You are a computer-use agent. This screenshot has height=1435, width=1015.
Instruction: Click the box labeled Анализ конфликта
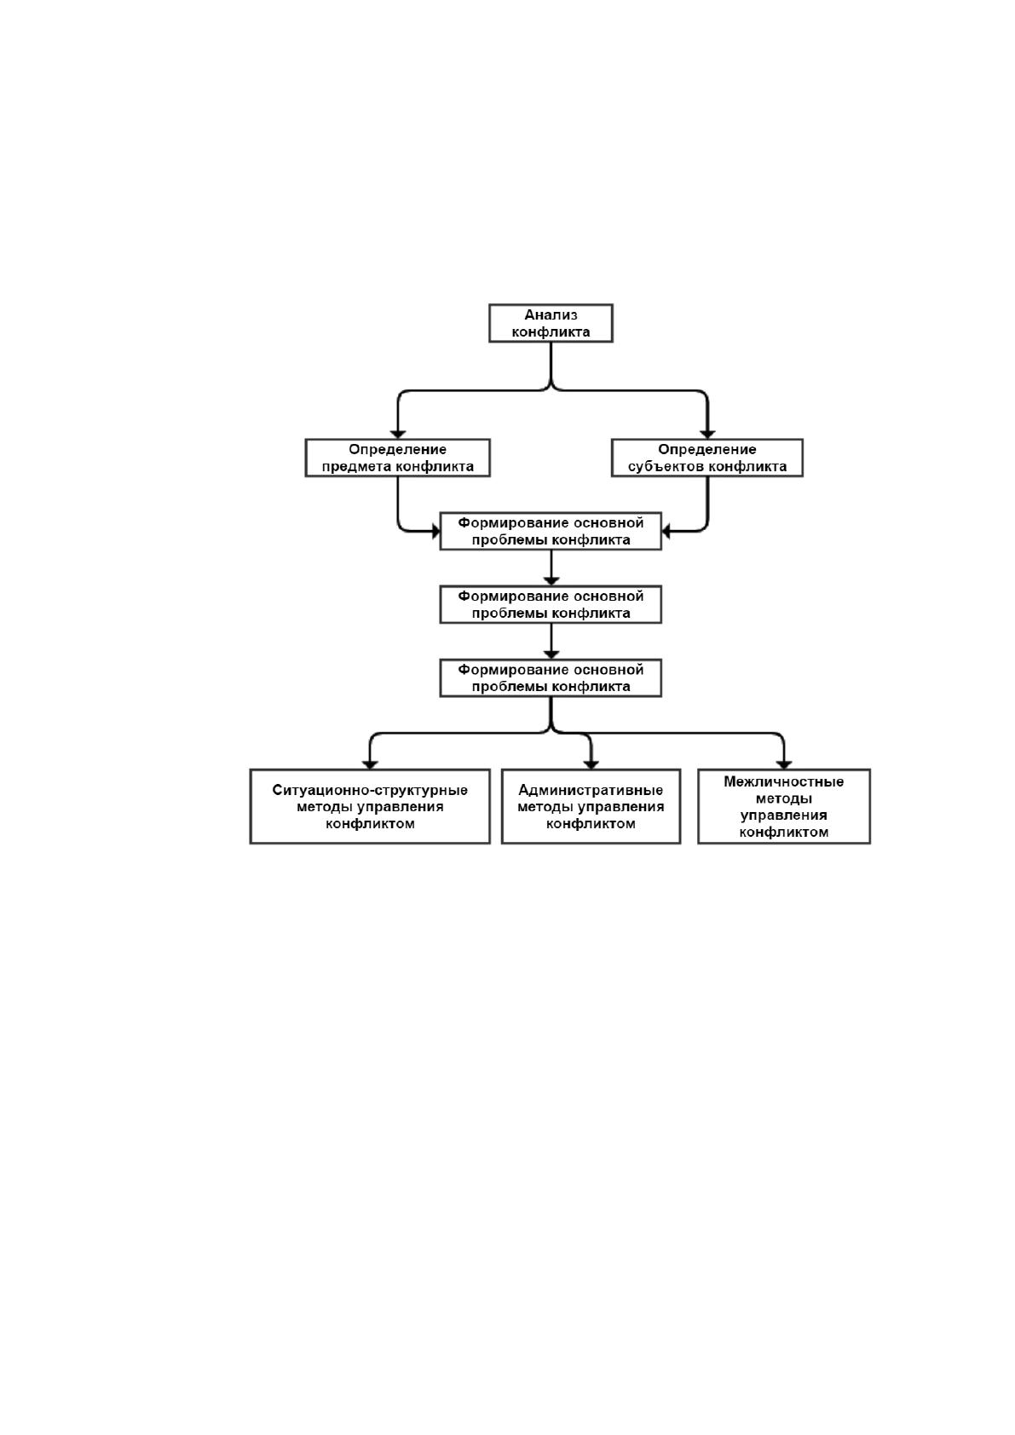point(551,323)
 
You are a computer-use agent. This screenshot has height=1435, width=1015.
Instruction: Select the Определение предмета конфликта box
point(397,458)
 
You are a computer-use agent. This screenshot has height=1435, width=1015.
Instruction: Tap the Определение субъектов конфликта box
point(706,458)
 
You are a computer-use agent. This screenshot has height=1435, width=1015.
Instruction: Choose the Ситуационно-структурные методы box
point(370,806)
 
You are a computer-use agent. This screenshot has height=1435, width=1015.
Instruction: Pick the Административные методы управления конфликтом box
point(591,806)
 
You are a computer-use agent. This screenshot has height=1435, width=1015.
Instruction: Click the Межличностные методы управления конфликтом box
point(784,806)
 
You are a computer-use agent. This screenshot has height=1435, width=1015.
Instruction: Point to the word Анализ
point(551,314)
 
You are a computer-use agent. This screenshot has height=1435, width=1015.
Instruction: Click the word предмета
point(356,466)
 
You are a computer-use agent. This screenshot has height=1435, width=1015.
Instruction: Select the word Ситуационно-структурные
point(370,790)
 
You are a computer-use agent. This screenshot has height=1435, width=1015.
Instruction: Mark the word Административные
point(591,790)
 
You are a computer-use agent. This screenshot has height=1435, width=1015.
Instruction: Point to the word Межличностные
point(784,781)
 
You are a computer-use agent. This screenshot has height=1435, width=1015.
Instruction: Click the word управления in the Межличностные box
point(784,815)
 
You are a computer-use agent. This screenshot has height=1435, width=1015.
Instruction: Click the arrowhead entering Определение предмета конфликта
point(398,435)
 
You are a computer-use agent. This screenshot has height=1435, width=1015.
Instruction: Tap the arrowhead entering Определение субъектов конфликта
point(707,435)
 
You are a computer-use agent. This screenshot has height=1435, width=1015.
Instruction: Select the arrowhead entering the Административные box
point(591,765)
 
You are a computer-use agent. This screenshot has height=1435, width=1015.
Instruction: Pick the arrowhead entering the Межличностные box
point(784,765)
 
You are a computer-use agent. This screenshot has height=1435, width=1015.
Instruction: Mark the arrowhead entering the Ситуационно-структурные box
point(370,765)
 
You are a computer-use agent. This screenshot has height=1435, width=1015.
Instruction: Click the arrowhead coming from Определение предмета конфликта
point(436,531)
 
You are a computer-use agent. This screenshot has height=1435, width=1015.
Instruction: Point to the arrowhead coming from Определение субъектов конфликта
point(666,531)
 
